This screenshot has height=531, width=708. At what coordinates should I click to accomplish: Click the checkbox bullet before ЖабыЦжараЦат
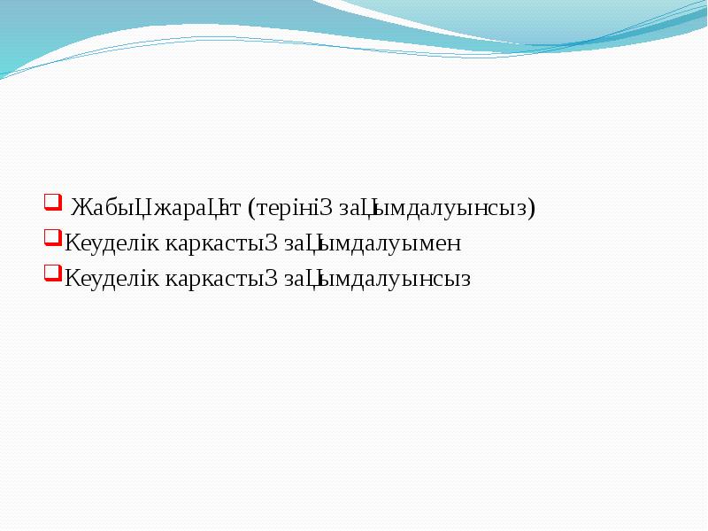pos(51,202)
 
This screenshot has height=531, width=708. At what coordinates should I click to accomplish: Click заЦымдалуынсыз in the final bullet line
pos(377,280)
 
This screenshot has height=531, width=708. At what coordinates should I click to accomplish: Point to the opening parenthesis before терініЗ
pos(252,209)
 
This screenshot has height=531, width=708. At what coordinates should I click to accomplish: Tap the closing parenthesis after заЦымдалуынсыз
pos(533,209)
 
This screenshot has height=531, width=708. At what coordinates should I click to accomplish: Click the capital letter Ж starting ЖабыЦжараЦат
pos(79,209)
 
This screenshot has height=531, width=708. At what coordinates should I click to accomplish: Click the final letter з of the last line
pos(466,281)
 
